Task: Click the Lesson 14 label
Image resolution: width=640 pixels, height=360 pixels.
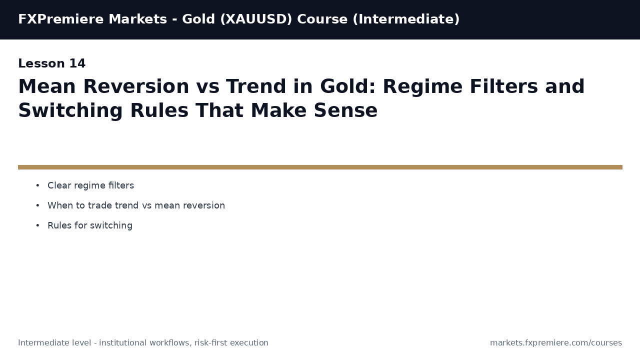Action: click(x=51, y=64)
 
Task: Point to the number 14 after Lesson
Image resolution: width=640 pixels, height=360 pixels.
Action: click(x=77, y=64)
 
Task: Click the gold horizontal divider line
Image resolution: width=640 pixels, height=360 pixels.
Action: click(x=320, y=167)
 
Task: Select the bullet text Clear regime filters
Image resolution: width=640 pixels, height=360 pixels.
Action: click(x=90, y=185)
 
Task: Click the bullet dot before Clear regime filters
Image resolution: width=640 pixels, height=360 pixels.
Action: click(x=37, y=186)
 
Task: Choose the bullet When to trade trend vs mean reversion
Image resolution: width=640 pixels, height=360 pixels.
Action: click(x=136, y=205)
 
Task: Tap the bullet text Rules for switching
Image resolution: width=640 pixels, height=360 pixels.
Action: click(x=90, y=225)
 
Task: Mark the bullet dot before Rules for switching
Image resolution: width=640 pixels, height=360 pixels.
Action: click(x=37, y=226)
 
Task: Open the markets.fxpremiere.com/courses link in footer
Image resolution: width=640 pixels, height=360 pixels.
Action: click(x=555, y=343)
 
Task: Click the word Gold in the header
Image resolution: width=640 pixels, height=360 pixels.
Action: click(x=198, y=19)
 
